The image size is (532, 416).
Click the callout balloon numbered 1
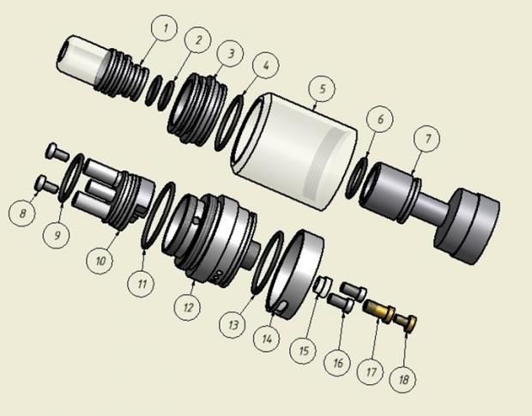[x=165, y=27]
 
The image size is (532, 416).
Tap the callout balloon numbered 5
[x=322, y=88]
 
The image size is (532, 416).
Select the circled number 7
[x=426, y=139]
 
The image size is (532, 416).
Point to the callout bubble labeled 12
[x=187, y=307]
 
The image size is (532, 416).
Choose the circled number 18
[x=402, y=379]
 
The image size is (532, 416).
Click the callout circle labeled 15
[x=303, y=350]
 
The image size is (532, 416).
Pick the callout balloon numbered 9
[x=57, y=235]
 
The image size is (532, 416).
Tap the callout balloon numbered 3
[x=230, y=53]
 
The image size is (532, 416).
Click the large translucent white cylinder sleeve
[x=293, y=152]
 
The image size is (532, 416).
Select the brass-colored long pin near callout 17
[x=379, y=309]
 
